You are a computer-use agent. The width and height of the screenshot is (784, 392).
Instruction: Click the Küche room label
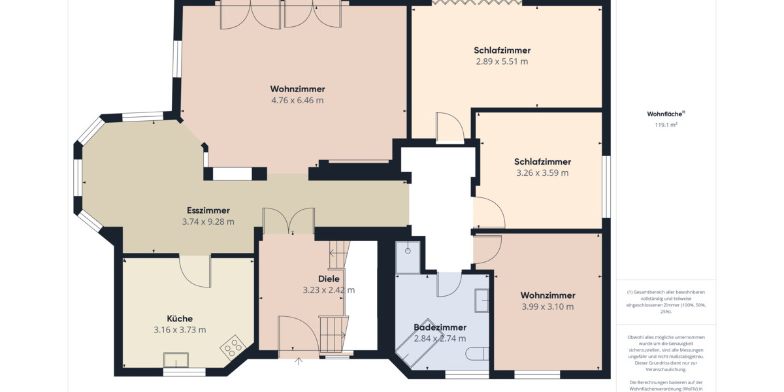point(180,319)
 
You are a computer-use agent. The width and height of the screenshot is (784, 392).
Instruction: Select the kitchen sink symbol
point(176,360)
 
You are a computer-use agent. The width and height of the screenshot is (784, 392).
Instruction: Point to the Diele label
point(329,279)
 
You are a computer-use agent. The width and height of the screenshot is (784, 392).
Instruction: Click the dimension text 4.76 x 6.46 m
point(297,101)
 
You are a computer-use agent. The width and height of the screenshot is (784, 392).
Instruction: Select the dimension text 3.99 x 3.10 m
point(547,306)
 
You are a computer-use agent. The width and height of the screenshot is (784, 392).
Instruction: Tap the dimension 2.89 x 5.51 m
point(502,61)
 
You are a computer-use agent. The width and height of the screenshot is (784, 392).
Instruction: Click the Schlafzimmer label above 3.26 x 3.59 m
point(542,161)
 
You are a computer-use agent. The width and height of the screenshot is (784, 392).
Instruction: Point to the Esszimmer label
point(208,210)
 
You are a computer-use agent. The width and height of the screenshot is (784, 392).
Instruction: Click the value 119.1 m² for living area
point(666,124)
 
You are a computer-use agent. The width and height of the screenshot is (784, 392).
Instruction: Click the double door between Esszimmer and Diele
point(288,221)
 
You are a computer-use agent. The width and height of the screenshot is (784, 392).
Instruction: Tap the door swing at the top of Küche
point(195,270)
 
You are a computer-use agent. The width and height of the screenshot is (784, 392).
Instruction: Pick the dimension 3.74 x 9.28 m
point(208,222)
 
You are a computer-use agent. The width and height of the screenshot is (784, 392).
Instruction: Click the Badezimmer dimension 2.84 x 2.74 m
point(440,338)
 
